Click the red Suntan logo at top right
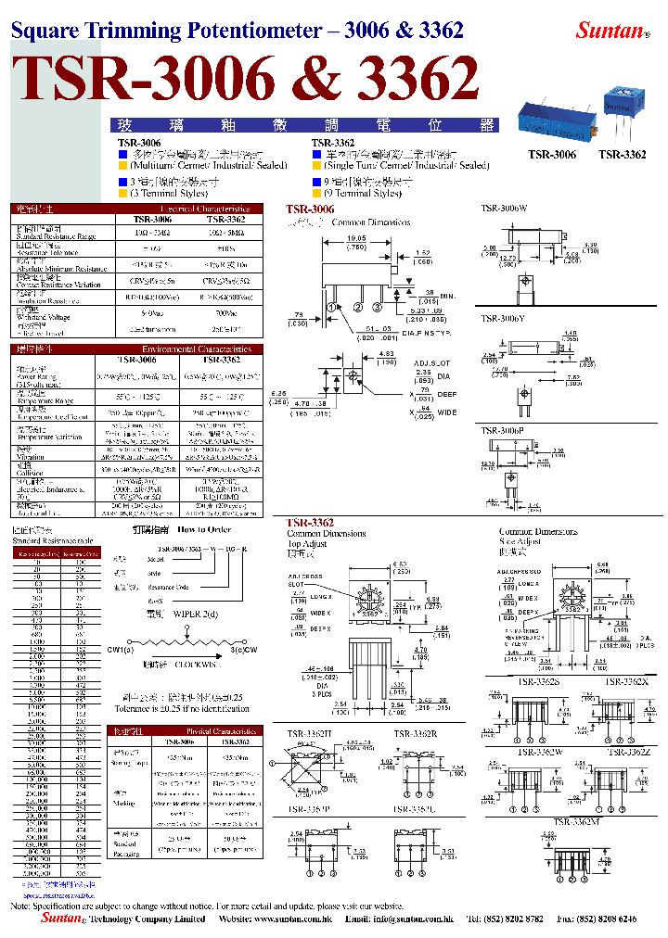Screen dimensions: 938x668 tap(610, 30)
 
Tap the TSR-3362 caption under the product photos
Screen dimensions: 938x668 tap(622, 155)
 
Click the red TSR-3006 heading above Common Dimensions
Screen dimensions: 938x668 tap(310, 210)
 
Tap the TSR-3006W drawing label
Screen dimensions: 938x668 tap(504, 209)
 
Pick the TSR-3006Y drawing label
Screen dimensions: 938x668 tap(503, 319)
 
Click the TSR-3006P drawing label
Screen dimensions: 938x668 tap(503, 430)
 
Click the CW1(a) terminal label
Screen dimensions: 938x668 tap(120, 650)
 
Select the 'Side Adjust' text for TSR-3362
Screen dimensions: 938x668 tap(520, 540)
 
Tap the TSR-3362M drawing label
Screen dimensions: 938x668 tap(576, 820)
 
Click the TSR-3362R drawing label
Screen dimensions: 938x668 tap(416, 734)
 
